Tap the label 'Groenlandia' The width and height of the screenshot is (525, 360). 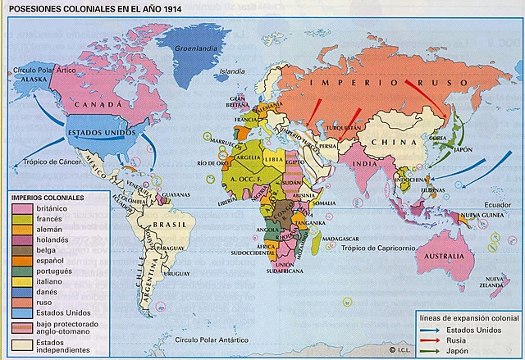click(194, 48)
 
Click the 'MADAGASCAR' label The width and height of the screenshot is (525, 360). click(339, 238)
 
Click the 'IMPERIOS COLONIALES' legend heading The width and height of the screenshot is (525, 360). click(48, 198)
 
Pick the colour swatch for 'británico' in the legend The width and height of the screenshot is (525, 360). click(23, 210)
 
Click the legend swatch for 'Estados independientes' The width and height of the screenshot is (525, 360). click(23, 347)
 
